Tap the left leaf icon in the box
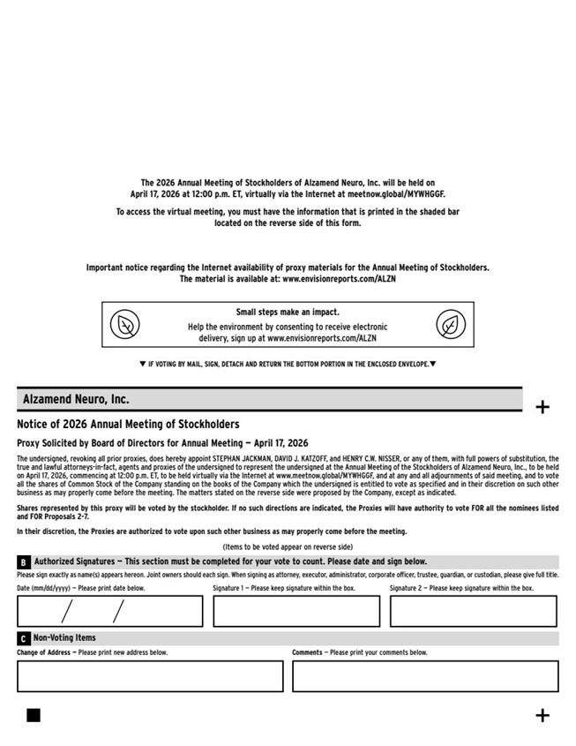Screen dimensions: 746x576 point(125,326)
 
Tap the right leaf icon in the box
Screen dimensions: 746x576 point(451,326)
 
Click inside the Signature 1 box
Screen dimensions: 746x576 point(296,611)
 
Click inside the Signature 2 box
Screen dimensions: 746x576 point(474,611)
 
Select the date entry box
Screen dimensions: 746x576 point(109,611)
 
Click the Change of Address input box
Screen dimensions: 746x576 point(150,676)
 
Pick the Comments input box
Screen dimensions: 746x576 point(425,676)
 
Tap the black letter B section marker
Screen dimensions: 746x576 point(24,562)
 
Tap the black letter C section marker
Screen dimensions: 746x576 point(24,638)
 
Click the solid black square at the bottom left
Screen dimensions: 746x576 point(34,715)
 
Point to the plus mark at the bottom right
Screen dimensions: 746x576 point(542,715)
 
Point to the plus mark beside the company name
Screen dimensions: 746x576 point(542,407)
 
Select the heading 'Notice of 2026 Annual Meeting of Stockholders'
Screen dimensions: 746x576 point(128,425)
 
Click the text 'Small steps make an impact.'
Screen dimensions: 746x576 point(288,313)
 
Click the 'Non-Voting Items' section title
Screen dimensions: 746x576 point(65,638)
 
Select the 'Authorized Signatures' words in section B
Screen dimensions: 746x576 point(74,561)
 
